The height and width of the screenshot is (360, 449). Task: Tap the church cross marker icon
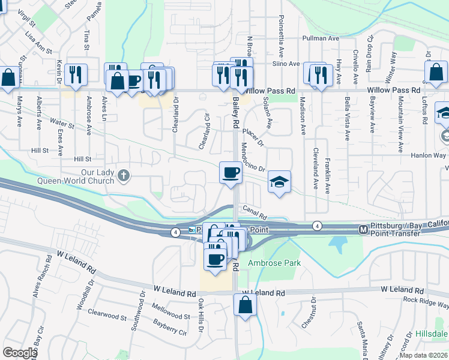[x=124, y=176]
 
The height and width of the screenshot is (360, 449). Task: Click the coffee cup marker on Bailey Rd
[x=231, y=173]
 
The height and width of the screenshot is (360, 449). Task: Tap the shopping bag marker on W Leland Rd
[x=245, y=304]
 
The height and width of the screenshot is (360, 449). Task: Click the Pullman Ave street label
[x=321, y=38]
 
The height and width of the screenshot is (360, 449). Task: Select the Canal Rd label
[x=255, y=210]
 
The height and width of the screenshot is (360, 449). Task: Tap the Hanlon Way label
[x=429, y=155]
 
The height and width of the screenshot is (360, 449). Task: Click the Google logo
[x=20, y=353]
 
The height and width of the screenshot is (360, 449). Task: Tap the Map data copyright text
[x=423, y=355]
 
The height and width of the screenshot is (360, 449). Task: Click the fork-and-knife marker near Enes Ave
[x=76, y=75]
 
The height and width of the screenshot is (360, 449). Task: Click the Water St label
[x=62, y=127]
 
